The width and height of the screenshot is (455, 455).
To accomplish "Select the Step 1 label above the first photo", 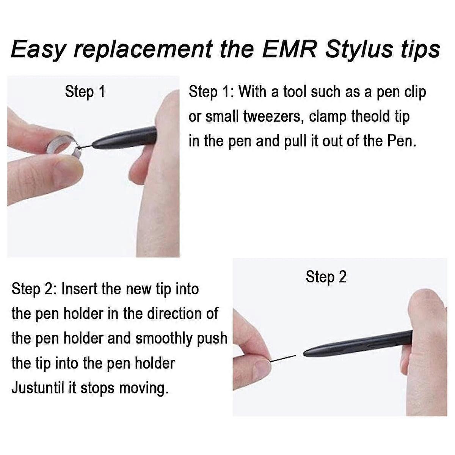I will tap(85, 92).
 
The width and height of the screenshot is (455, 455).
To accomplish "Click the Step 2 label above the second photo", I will tap(326, 277).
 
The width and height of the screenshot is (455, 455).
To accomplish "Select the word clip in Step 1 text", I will tap(415, 92).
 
